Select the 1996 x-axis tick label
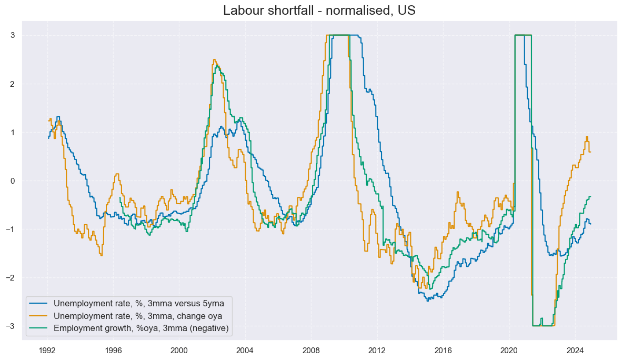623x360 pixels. (x=113, y=349)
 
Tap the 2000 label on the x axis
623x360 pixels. (x=179, y=349)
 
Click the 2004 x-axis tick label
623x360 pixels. (x=245, y=349)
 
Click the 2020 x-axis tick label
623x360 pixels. (x=509, y=349)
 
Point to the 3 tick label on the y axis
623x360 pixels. (x=12, y=35)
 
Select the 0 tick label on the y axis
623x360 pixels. (x=12, y=181)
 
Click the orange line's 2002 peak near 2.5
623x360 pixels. (x=214, y=60)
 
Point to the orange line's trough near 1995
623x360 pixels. (x=101, y=255)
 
